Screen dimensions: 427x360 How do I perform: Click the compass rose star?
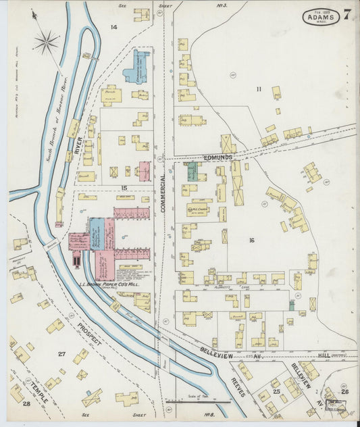coord(47,44)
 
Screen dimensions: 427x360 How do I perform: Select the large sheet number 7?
coord(346,15)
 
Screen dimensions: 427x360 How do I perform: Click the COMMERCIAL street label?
coord(163,191)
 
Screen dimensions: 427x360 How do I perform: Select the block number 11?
coord(258,89)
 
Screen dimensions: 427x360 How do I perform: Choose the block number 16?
coord(251,240)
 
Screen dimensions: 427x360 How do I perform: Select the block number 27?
coord(61,354)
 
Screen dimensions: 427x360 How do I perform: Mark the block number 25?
coord(276,391)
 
